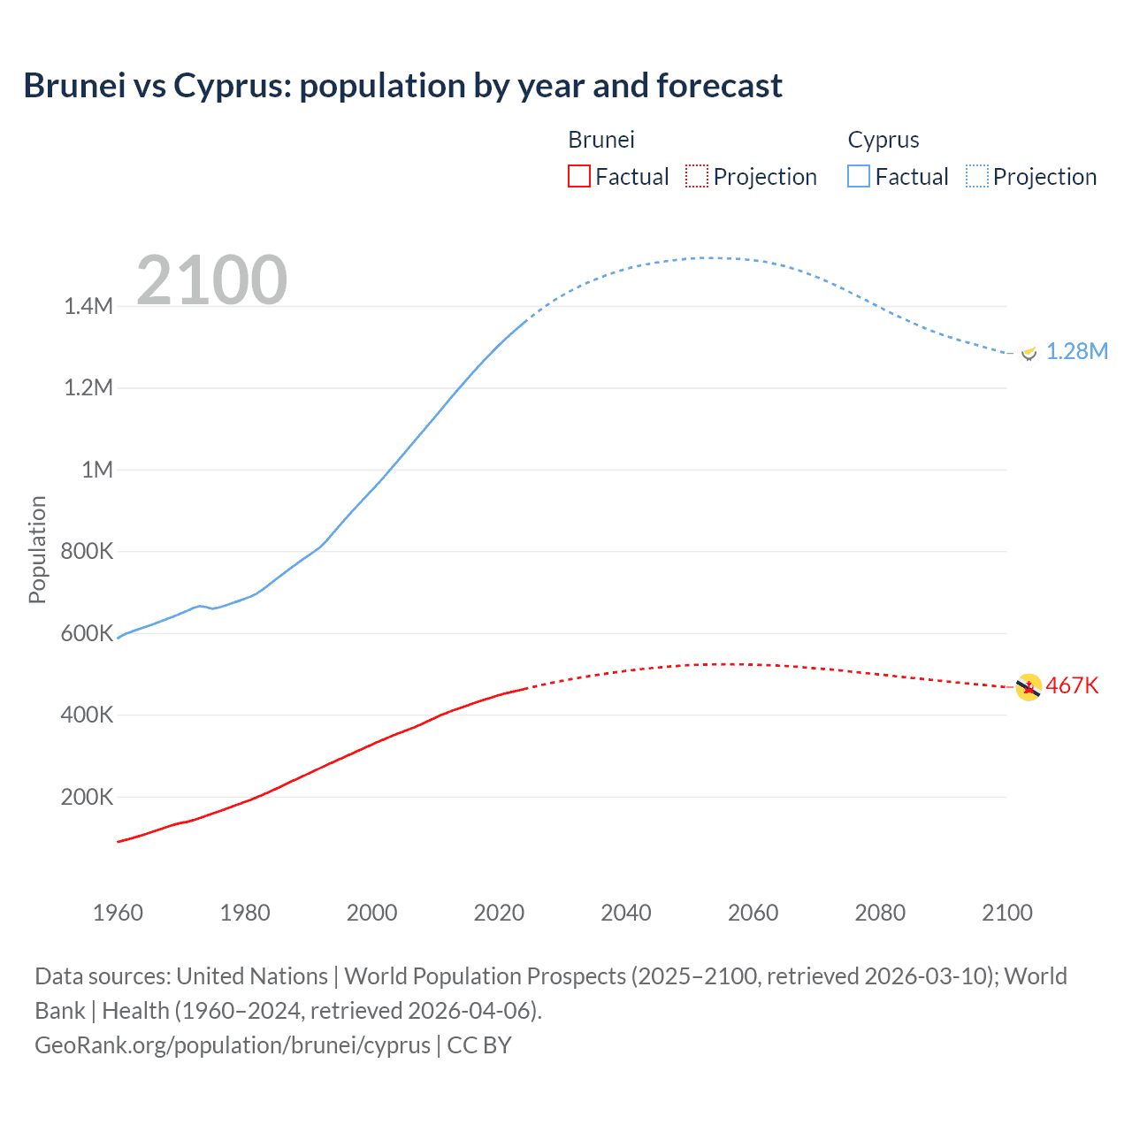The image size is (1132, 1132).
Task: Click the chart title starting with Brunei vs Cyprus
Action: point(402,86)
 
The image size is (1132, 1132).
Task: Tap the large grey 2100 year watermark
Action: point(211,280)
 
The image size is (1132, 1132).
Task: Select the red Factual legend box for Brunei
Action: point(578,177)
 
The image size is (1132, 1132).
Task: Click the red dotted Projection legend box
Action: point(697,177)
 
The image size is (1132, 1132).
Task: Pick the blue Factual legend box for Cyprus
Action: point(859,177)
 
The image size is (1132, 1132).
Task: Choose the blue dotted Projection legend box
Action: point(977,177)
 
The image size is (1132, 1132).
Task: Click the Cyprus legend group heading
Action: point(883,140)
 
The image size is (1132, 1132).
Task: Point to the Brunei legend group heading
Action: point(600,140)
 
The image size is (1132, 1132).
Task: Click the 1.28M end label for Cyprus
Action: point(1076,351)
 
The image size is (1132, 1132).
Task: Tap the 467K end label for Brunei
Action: point(1072,686)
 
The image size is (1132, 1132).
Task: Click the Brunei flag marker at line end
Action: point(1029,687)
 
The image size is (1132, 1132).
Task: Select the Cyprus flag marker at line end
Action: point(1028,352)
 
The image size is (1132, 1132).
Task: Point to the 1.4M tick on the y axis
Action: point(88,307)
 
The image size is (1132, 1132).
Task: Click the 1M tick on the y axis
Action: point(97,470)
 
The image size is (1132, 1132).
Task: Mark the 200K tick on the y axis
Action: point(87,797)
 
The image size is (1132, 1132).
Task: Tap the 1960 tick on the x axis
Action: point(118,913)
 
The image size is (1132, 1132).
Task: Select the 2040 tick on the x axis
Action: point(626,913)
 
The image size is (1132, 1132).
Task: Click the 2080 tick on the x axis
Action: point(880,913)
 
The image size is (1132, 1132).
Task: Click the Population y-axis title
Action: point(37,549)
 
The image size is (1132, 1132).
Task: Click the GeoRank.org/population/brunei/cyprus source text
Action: point(233,1045)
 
